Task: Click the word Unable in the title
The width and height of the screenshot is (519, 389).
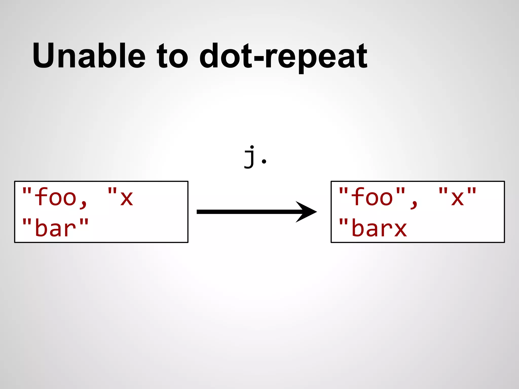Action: (89, 56)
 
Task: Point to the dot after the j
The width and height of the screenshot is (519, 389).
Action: (264, 161)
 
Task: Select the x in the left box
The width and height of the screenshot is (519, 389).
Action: (126, 198)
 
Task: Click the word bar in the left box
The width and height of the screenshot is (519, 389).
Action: (56, 228)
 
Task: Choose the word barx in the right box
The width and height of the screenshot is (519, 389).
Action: (379, 228)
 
